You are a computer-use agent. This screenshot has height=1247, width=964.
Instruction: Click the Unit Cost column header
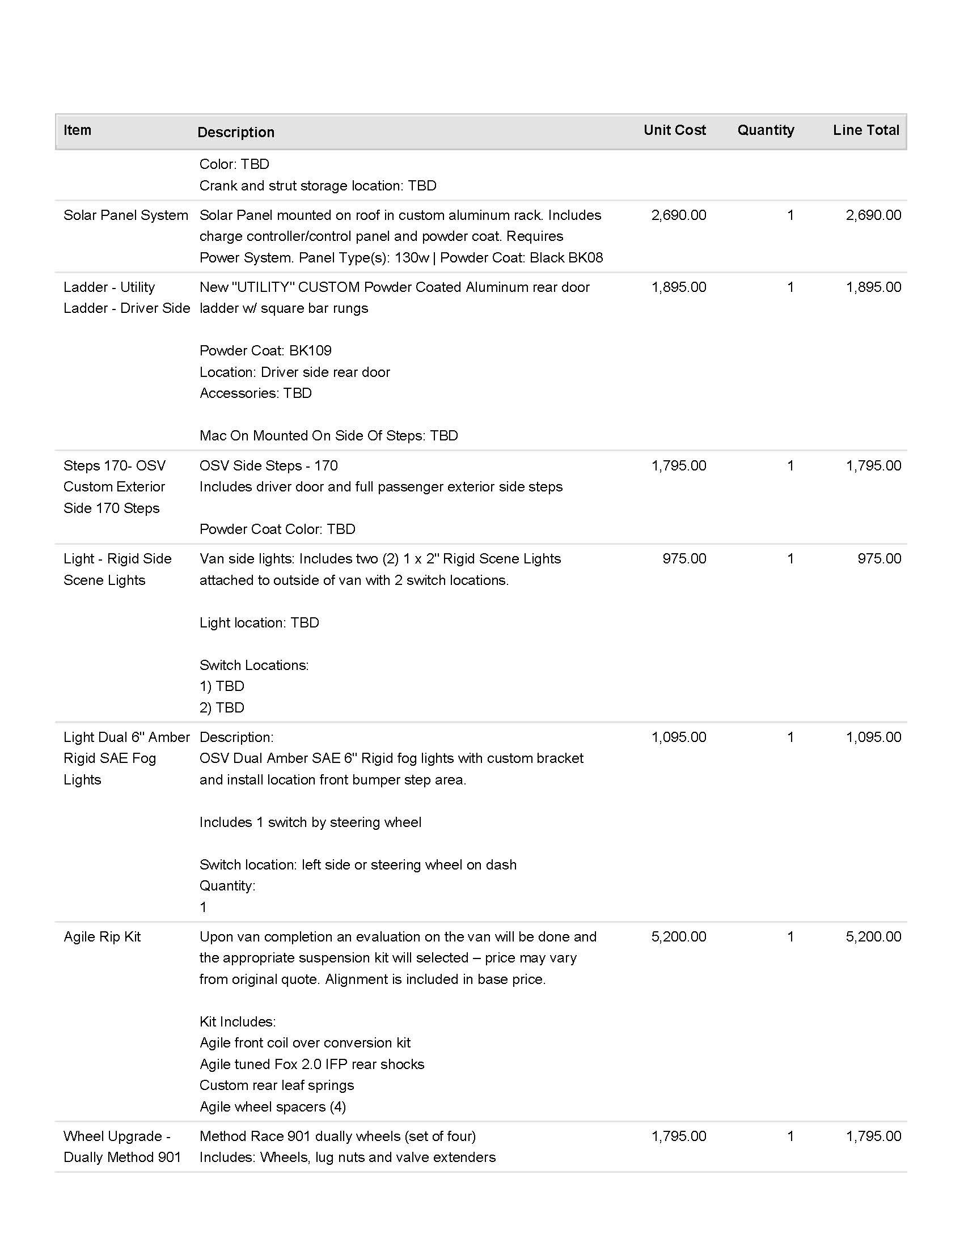pos(674,130)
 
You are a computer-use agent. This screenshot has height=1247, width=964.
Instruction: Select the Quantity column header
pos(766,130)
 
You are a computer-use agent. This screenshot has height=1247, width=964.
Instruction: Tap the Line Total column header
pos(866,130)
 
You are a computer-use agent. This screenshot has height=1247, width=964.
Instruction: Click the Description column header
pos(236,133)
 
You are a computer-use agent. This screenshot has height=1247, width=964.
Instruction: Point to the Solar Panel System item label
pos(126,215)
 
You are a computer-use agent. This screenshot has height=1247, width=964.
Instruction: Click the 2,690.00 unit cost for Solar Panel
pos(678,215)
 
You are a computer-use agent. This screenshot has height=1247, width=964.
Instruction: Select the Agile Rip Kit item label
pos(102,936)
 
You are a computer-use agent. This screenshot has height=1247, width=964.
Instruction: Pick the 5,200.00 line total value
pos(873,936)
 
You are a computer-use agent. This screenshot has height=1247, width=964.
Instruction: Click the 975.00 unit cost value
pos(684,558)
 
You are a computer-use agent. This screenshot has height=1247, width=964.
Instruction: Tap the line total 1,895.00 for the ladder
pos(873,287)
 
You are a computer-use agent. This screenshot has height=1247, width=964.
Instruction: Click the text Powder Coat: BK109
pos(265,350)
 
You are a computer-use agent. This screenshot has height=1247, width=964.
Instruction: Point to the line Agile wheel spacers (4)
pos(272,1106)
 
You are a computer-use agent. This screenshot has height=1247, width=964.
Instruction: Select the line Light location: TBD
pos(259,622)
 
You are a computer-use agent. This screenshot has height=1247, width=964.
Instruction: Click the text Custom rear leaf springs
pos(276,1085)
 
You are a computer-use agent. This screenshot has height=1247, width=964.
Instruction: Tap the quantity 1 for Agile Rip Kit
pos(790,936)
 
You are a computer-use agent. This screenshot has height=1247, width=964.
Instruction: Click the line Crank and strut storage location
pos(318,185)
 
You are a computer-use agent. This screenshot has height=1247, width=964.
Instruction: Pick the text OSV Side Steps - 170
pos(268,466)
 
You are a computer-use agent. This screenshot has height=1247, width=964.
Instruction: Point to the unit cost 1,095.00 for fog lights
pos(678,737)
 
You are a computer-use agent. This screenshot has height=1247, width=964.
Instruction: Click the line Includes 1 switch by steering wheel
pos(310,822)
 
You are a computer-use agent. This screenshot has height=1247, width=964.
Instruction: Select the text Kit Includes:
pos(238,1021)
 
